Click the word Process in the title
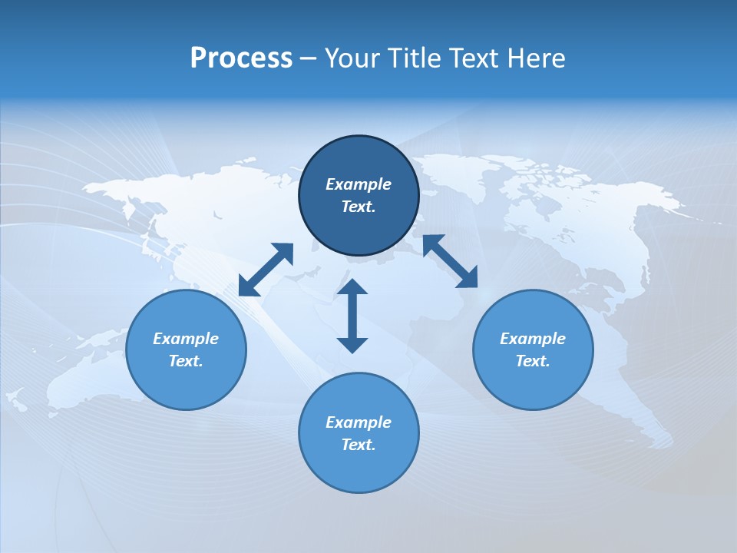coord(241,58)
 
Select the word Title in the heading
coord(416,58)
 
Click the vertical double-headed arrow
coord(352,316)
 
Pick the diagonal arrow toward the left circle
coord(266,270)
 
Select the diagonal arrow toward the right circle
coord(450,261)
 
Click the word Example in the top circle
coord(359,184)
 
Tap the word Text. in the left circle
coord(186,361)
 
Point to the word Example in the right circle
coord(533,339)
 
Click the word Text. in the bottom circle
coord(359,445)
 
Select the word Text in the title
coord(475,58)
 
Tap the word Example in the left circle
coord(186,339)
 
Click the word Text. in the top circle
coord(359,207)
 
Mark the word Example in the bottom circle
coord(359,422)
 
